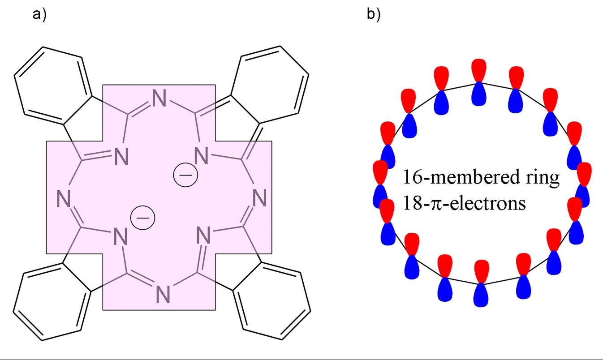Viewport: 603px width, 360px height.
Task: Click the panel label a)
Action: pyautogui.click(x=39, y=14)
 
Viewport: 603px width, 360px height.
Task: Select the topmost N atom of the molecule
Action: pyautogui.click(x=159, y=98)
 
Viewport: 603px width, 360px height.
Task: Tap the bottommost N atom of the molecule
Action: pyautogui.click(x=163, y=294)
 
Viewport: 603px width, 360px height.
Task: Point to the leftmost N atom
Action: pyautogui.click(x=64, y=198)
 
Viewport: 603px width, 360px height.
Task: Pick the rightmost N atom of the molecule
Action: pyautogui.click(x=259, y=198)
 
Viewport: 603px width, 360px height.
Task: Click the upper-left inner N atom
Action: pyautogui.click(x=121, y=156)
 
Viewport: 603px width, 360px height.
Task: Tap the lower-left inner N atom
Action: pyautogui.click(x=121, y=236)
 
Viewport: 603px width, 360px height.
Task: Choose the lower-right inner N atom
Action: pyautogui.click(x=203, y=235)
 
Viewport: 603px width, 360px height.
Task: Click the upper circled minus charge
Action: pyautogui.click(x=185, y=175)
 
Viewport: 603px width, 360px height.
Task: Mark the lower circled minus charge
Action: pyautogui.click(x=142, y=218)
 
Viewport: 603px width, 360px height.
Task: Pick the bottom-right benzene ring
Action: pyautogui.click(x=272, y=301)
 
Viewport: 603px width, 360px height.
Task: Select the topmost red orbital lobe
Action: pyautogui.click(x=479, y=70)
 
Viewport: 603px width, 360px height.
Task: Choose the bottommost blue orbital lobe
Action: pyautogui.click(x=481, y=295)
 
